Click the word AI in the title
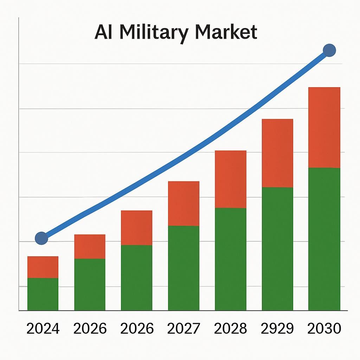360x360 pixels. pyautogui.click(x=104, y=32)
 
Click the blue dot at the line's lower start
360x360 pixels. pyautogui.click(x=41, y=238)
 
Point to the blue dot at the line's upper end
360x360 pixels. pyautogui.click(x=329, y=50)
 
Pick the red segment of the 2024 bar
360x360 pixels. pyautogui.click(x=43, y=267)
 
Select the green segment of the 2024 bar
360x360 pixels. pyautogui.click(x=43, y=294)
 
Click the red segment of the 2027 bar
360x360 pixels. pyautogui.click(x=184, y=204)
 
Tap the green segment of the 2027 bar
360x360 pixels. pyautogui.click(x=184, y=268)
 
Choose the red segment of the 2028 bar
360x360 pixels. pyautogui.click(x=231, y=179)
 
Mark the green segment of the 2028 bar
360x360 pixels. pyautogui.click(x=231, y=259)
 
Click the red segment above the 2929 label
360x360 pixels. pyautogui.click(x=277, y=153)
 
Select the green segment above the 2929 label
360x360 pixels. pyautogui.click(x=277, y=249)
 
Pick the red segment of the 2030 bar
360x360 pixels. pyautogui.click(x=324, y=128)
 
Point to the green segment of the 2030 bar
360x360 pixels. pyautogui.click(x=324, y=239)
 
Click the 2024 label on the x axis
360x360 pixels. pyautogui.click(x=43, y=329)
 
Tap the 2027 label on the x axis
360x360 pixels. pyautogui.click(x=184, y=329)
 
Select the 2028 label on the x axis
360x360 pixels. pyautogui.click(x=231, y=329)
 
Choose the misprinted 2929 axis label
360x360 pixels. pyautogui.click(x=277, y=329)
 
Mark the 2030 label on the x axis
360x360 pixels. pyautogui.click(x=324, y=329)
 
